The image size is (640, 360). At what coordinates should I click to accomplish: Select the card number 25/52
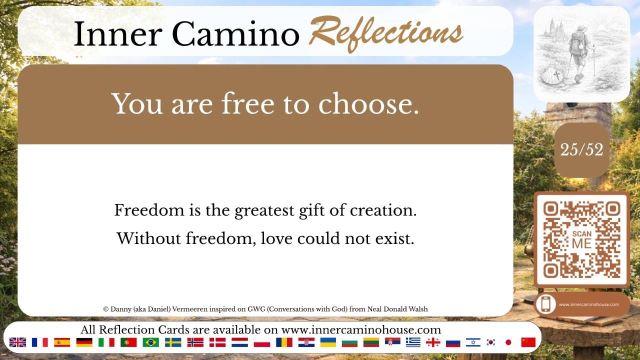pos(581,149)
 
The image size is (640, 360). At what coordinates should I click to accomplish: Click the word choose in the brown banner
pos(368,103)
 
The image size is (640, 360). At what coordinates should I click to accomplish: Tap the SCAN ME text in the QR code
pos(581,239)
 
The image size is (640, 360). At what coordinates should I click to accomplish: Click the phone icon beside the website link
pos(545,304)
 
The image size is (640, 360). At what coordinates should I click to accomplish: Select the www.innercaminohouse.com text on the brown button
pos(589,304)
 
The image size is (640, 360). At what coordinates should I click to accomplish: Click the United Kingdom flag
pos(17,342)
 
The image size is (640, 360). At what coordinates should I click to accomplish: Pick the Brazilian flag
pos(150,342)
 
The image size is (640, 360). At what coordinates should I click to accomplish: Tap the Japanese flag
pos(508,342)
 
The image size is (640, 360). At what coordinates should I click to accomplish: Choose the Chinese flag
pos(528,342)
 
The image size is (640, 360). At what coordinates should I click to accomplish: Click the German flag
pos(84,342)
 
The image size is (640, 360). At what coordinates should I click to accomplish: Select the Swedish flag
pos(173,342)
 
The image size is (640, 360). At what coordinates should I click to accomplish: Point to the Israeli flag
pos(473,342)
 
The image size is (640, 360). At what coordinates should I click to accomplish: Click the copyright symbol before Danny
pos(106,309)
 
